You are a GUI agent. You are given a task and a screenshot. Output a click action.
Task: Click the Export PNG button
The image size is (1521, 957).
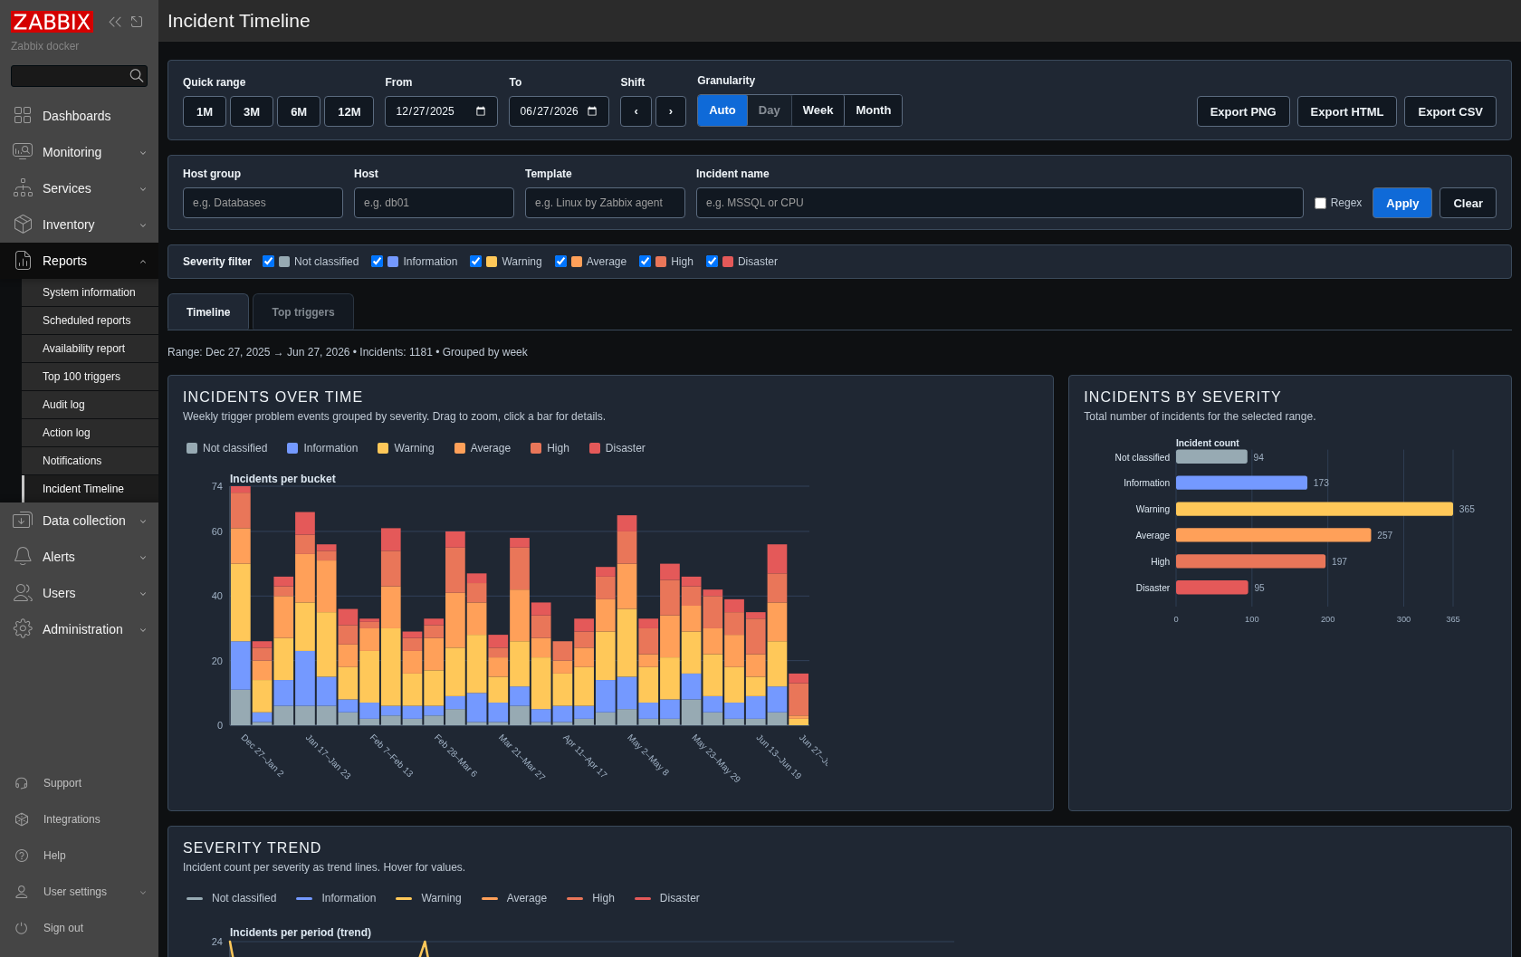click(x=1242, y=111)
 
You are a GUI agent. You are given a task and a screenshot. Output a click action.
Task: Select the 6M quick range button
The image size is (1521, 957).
click(x=298, y=111)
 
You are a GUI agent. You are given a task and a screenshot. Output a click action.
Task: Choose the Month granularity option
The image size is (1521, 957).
click(x=873, y=110)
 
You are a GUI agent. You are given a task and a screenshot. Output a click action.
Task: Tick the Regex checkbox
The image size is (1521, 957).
click(x=1320, y=203)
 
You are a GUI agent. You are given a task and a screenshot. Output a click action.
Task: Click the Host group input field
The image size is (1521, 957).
click(x=263, y=203)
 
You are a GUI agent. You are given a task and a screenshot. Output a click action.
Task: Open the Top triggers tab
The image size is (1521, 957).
click(x=302, y=311)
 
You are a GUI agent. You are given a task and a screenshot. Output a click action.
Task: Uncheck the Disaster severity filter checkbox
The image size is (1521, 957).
click(x=712, y=262)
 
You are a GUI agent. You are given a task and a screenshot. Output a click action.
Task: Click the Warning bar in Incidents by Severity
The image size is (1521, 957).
click(x=1314, y=509)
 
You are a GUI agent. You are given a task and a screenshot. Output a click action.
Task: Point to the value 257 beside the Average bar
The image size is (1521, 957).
click(x=1384, y=535)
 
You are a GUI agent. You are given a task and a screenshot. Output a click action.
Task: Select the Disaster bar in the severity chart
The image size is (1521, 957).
click(x=1211, y=588)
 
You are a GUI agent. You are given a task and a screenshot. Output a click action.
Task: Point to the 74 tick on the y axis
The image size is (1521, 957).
click(x=216, y=486)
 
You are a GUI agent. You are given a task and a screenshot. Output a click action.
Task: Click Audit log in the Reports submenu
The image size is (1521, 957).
click(x=63, y=404)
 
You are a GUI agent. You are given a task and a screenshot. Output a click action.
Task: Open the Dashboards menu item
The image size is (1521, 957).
click(x=76, y=116)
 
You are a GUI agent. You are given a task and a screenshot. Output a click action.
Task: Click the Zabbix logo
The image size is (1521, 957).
click(x=52, y=22)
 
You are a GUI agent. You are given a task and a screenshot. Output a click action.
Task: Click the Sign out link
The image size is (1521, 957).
click(x=62, y=928)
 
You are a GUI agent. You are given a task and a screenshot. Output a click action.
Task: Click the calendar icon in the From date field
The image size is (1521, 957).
click(x=481, y=110)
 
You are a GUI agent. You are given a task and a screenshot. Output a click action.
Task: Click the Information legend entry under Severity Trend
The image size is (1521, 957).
click(x=336, y=898)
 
